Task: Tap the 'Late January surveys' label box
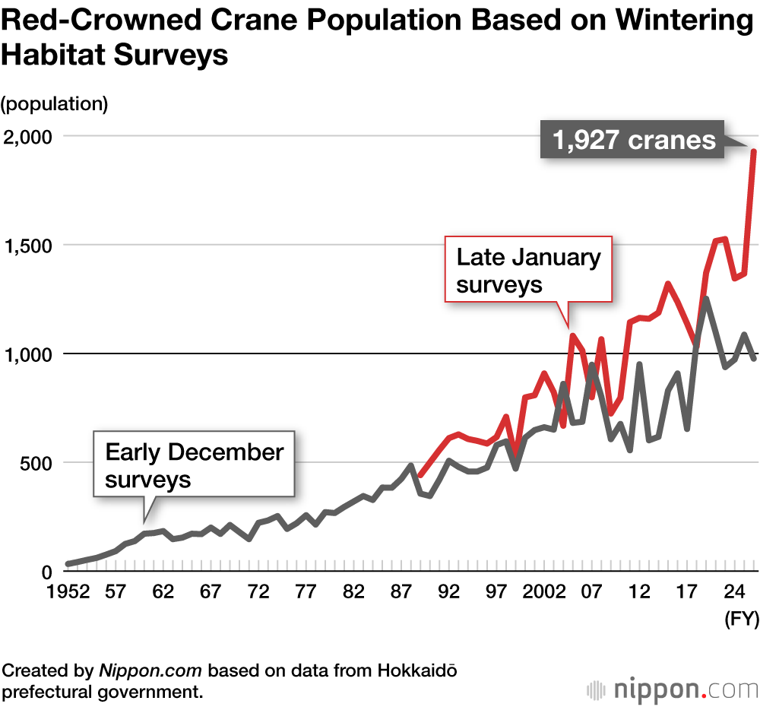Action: tap(528, 270)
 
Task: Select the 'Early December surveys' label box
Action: tap(194, 465)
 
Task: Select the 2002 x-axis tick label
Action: tap(545, 593)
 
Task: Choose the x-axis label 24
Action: tap(733, 593)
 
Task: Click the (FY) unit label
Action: tap(740, 620)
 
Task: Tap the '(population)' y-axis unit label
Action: tap(55, 103)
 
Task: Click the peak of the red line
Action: tap(753, 151)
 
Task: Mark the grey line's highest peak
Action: tap(706, 300)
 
